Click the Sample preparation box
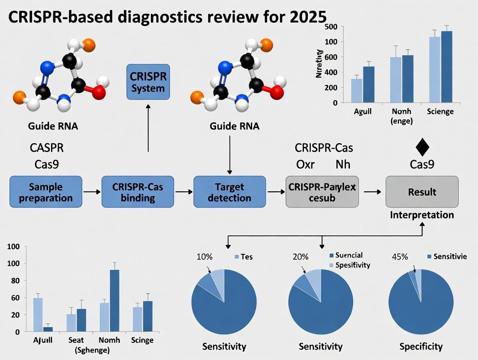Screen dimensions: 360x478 click(45, 191)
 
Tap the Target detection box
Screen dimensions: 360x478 click(229, 192)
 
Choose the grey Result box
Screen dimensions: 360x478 click(422, 191)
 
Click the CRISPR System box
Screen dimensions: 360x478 click(148, 82)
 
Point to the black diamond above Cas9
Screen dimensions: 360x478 click(422, 148)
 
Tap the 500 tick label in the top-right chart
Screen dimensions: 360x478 click(330, 26)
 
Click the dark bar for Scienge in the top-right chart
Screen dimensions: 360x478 click(446, 67)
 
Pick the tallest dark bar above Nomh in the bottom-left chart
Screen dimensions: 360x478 click(114, 300)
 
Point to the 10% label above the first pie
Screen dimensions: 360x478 click(204, 257)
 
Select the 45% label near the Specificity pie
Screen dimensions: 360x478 click(400, 257)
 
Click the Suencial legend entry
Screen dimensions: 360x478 click(349, 255)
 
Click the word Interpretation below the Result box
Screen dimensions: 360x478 click(422, 215)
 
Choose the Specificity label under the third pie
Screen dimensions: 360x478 click(421, 346)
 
